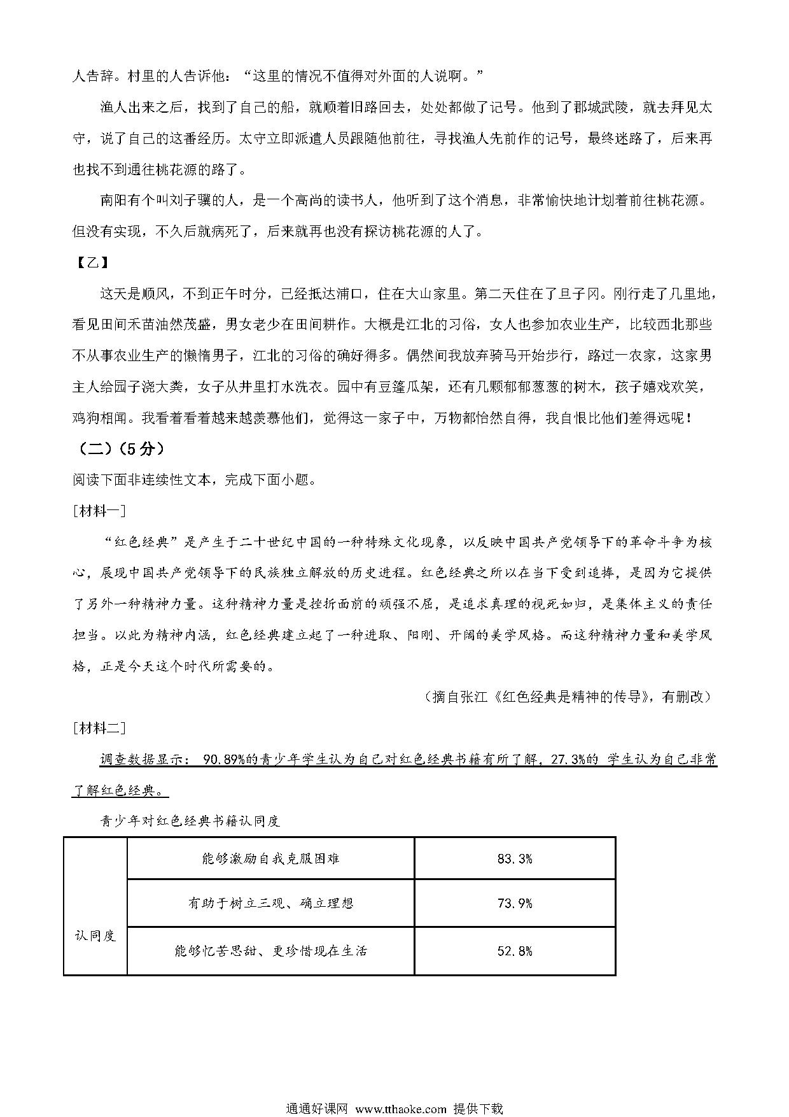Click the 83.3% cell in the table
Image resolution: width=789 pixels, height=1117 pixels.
point(514,859)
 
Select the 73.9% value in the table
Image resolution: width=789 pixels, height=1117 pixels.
point(514,903)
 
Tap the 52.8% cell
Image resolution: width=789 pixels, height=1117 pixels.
point(514,951)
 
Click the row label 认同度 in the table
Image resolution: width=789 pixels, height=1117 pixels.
point(95,936)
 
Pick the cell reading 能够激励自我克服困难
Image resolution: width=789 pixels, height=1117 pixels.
point(270,859)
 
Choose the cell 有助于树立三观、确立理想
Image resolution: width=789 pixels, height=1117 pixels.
point(270,903)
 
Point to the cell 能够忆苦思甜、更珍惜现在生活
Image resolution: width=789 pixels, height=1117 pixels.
point(270,951)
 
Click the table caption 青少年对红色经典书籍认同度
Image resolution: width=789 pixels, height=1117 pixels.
point(190,820)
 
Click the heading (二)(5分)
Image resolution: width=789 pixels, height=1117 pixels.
point(122,448)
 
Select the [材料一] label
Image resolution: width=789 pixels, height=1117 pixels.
point(100,511)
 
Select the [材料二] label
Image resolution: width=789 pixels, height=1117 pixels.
point(100,727)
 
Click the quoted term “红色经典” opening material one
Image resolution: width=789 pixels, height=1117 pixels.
point(137,543)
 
